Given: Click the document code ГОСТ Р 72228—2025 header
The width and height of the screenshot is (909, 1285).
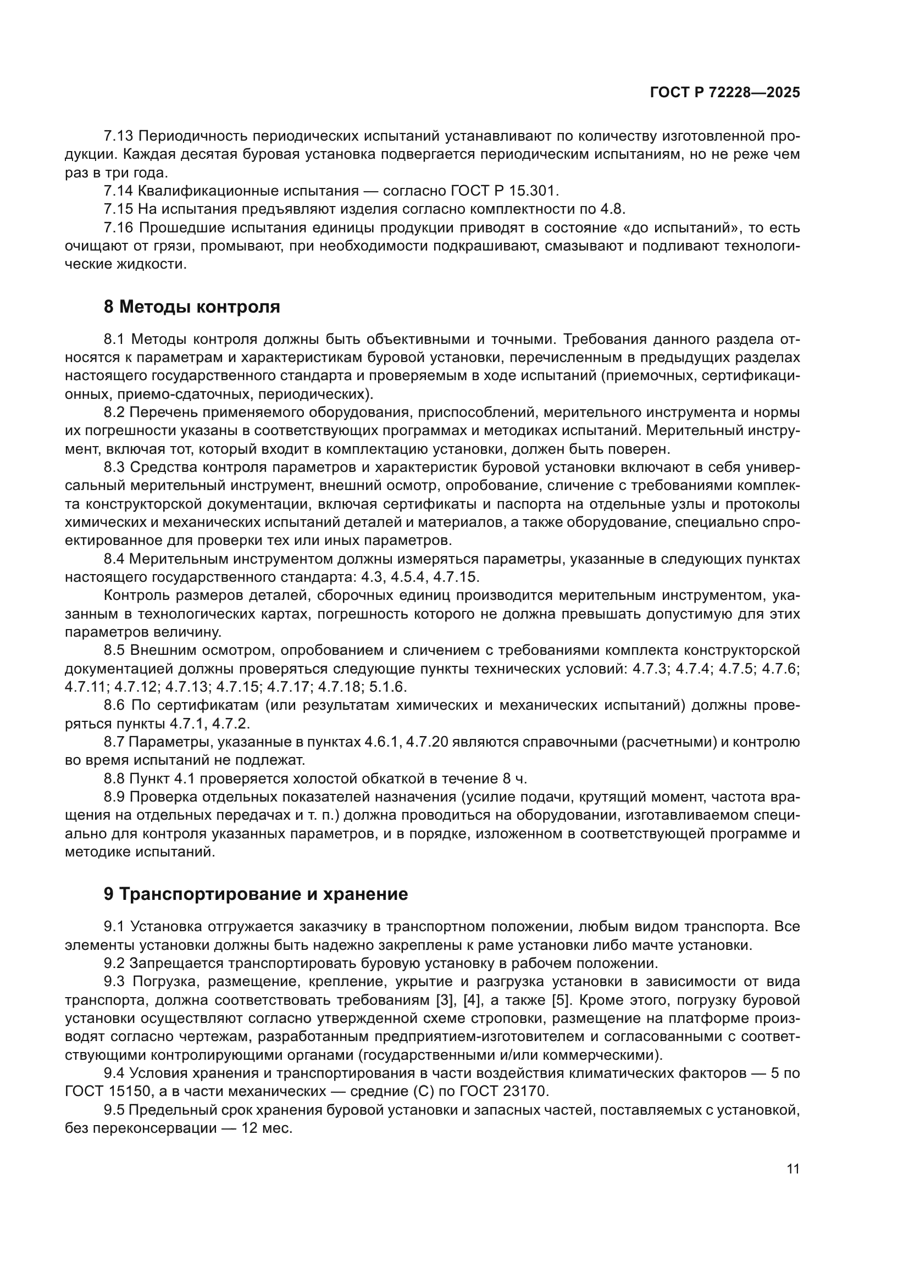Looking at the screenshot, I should coord(725,93).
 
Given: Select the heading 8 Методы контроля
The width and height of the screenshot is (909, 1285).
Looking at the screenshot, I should coord(192,307).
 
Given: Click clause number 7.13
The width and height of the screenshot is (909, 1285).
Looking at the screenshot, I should coord(118,136).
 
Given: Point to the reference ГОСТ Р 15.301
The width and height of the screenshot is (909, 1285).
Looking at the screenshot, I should coord(504,191).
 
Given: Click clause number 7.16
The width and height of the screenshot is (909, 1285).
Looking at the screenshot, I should coord(118,228).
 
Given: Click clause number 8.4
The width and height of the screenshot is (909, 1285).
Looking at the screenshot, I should coord(116,559).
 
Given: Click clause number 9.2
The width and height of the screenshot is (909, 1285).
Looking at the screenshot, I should coord(115,963).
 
